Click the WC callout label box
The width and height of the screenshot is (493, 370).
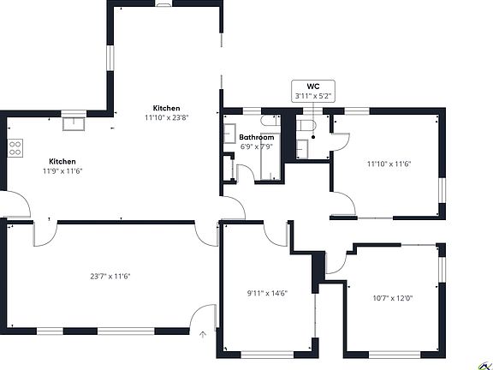(313, 91)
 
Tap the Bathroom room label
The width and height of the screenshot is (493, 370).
(257, 137)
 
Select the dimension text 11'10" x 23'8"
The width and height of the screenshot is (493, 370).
(167, 118)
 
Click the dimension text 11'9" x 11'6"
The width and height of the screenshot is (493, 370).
(62, 171)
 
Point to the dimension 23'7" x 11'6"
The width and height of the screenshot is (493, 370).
(110, 277)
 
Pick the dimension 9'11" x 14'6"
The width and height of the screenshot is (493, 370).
(268, 294)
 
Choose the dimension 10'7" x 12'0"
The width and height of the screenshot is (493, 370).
(393, 298)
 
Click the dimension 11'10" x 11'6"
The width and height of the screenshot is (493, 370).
(389, 164)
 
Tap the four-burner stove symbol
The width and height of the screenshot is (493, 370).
(15, 148)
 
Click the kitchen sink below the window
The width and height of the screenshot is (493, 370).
(74, 123)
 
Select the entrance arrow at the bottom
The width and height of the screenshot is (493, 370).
(203, 334)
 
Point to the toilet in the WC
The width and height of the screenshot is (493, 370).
(306, 125)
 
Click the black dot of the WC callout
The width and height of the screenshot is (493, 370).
(313, 137)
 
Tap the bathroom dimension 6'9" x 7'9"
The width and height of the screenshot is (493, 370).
(257, 146)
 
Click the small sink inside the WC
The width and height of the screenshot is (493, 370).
(302, 149)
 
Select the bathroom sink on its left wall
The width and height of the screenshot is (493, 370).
(230, 134)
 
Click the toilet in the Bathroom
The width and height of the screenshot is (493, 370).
(270, 121)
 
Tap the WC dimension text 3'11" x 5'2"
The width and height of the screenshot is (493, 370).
(313, 96)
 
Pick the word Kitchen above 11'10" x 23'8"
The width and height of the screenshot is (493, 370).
(167, 108)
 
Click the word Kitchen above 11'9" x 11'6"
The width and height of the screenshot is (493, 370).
(62, 161)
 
